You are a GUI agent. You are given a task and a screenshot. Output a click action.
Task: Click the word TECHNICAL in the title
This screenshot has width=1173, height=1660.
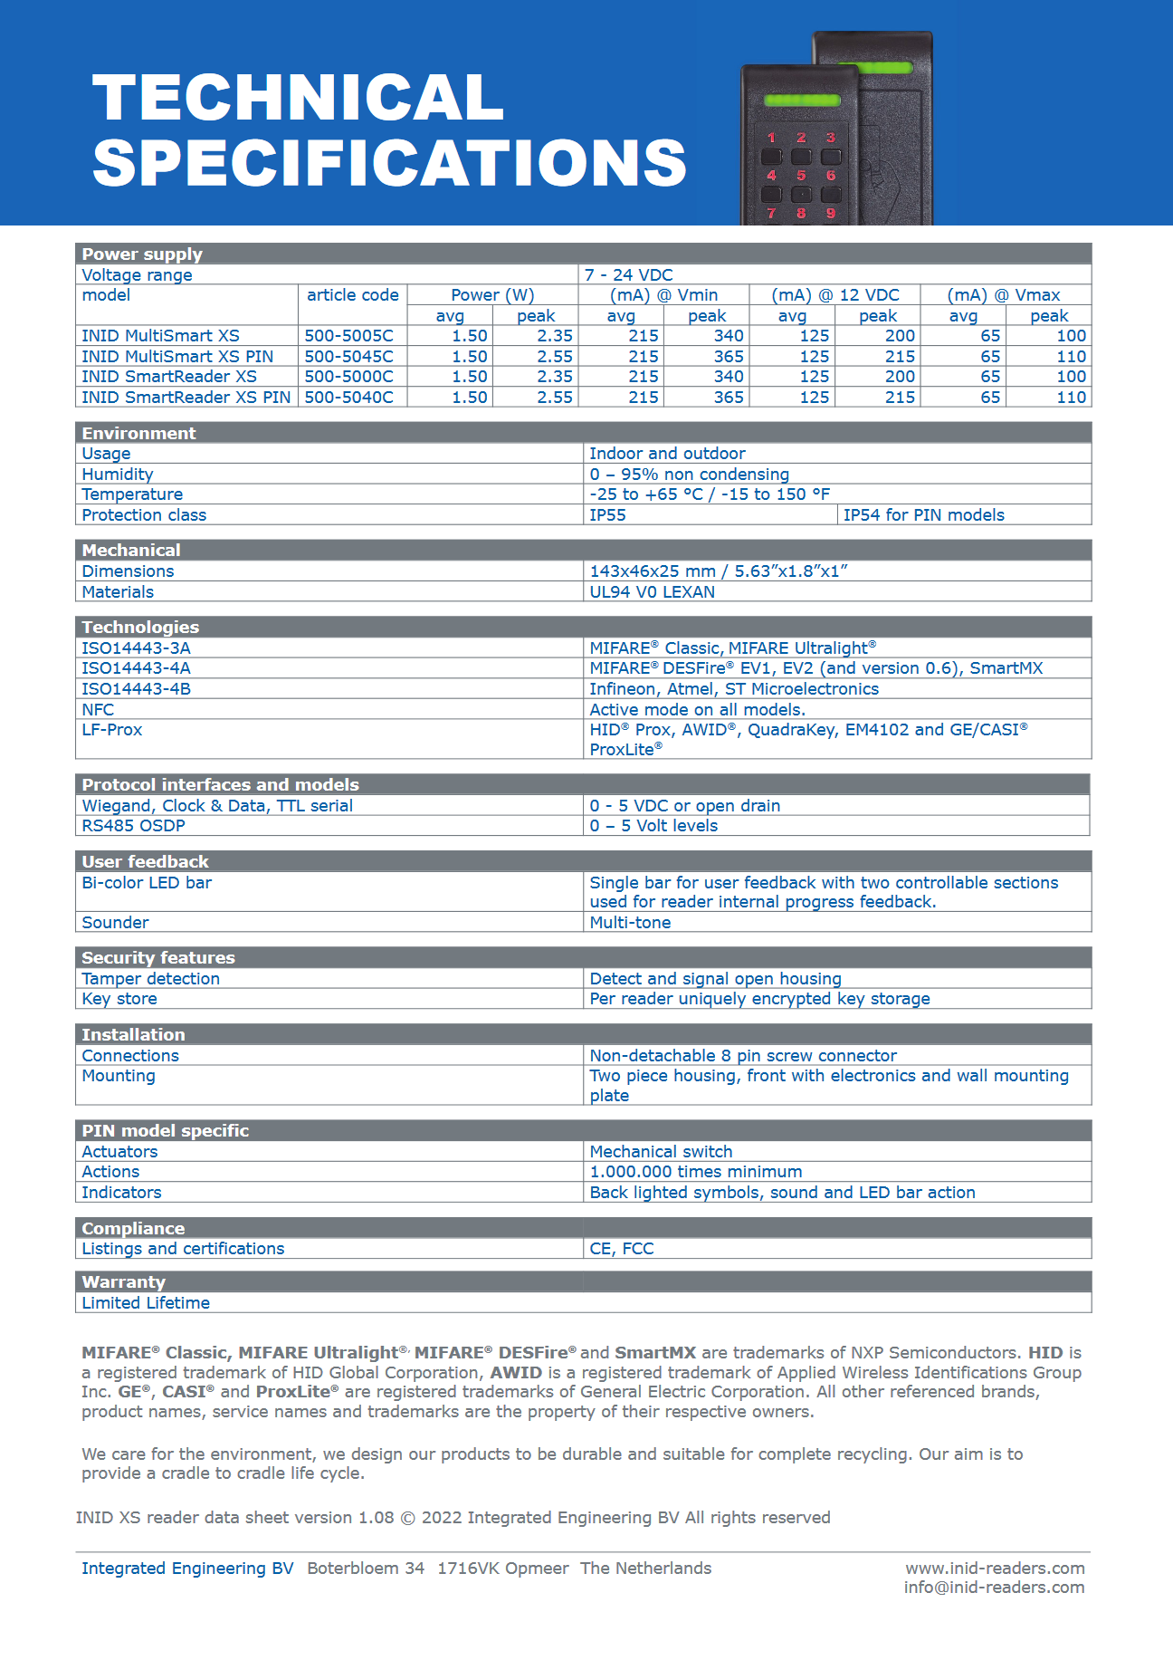[298, 98]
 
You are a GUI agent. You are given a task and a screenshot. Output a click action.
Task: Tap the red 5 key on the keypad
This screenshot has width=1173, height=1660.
[801, 175]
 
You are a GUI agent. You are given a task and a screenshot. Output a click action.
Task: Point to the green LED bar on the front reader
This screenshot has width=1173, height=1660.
[803, 101]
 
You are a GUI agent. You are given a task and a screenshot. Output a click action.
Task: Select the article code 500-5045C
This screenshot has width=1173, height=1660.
[348, 357]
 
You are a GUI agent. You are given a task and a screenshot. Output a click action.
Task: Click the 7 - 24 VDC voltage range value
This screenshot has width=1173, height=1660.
[628, 275]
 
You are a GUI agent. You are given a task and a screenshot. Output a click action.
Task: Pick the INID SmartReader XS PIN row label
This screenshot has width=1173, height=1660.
[186, 398]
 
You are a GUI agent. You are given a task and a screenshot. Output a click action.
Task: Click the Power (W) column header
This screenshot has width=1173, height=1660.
[492, 295]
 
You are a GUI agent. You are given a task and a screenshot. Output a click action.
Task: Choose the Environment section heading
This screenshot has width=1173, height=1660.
[138, 434]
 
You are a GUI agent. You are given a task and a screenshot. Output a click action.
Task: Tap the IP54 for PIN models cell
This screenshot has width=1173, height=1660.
[923, 515]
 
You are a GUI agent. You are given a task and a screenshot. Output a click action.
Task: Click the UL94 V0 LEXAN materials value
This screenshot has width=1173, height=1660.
[652, 592]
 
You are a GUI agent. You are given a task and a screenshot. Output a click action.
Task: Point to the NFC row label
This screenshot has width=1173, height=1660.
[98, 710]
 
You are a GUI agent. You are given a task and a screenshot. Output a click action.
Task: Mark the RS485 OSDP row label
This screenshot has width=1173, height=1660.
[133, 826]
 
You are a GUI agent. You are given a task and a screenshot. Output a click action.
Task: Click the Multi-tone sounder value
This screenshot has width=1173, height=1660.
[630, 923]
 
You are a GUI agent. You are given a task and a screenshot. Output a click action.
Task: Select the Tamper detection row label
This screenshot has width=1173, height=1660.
[150, 979]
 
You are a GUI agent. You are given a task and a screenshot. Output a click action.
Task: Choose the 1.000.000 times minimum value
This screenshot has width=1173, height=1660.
[695, 1172]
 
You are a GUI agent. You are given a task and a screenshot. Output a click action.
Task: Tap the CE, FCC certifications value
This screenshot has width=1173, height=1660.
[621, 1249]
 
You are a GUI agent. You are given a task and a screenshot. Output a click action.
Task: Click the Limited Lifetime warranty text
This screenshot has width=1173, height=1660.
[146, 1303]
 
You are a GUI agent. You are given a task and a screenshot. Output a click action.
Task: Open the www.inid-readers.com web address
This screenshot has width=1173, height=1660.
[995, 1569]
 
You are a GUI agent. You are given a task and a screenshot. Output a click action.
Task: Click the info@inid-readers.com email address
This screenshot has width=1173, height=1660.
[994, 1588]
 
